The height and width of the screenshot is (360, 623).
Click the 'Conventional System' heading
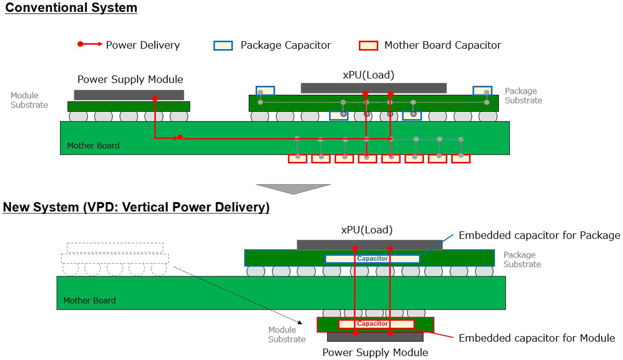point(71,8)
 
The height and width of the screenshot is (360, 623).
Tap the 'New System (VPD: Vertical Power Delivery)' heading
point(136,208)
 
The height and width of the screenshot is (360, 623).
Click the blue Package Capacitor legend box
point(223,45)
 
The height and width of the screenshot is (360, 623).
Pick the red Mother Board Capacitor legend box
point(368,45)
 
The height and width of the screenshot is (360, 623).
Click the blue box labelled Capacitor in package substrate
point(372,259)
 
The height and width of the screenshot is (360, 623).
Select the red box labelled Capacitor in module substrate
point(376,324)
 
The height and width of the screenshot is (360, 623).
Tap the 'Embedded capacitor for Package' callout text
point(539,235)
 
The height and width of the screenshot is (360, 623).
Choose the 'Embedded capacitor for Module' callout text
point(537,338)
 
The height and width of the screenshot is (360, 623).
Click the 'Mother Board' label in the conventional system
point(93,145)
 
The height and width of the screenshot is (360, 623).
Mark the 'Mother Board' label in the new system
point(89,300)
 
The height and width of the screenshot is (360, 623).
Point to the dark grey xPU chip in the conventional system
point(373,88)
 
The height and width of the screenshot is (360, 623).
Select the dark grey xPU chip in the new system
point(370,245)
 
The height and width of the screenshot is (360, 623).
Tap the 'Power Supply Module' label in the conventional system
point(130,79)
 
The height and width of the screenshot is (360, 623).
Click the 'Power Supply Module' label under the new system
point(375,353)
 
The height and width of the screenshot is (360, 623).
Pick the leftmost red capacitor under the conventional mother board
point(297,158)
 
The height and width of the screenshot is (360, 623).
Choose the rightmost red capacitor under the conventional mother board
point(461,158)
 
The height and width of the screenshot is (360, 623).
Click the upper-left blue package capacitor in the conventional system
point(265,91)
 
